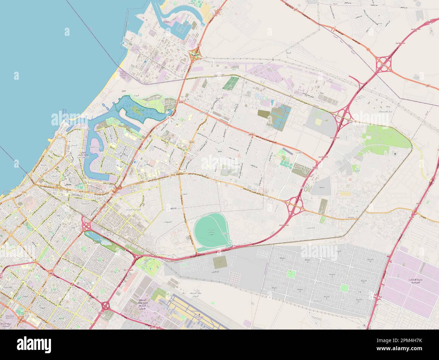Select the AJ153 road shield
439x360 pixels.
pos(192,142)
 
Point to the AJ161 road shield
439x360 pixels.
pos(220,152)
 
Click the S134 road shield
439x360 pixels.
pos(63,203)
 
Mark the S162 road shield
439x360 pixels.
pos(58,215)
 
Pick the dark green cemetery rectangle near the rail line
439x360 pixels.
pos(230,83)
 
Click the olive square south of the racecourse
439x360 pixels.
pos(221,261)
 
